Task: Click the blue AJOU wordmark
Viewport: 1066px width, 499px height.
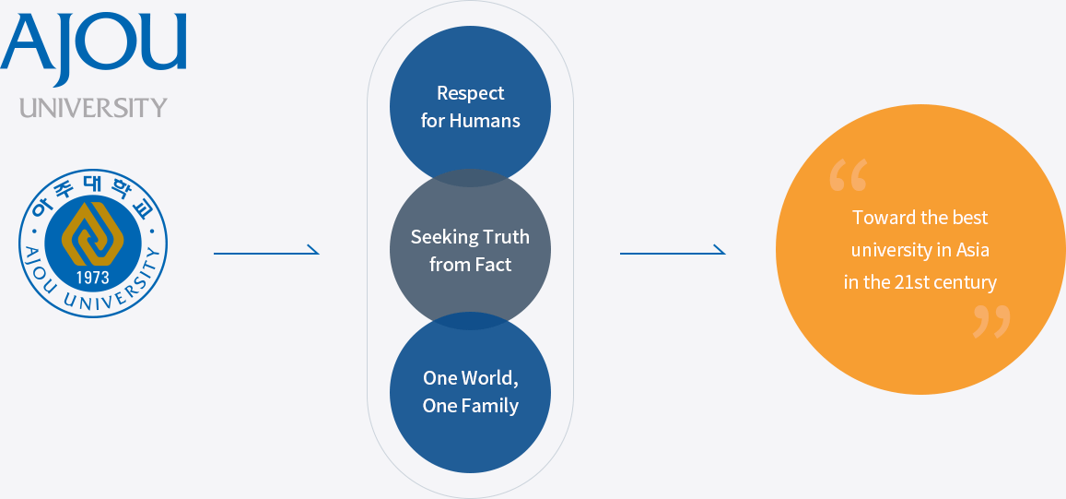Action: click(x=93, y=43)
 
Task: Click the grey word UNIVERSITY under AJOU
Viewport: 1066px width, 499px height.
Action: click(x=93, y=108)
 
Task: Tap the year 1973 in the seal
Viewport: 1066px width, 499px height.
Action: click(x=92, y=278)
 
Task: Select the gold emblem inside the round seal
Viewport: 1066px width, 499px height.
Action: click(x=92, y=235)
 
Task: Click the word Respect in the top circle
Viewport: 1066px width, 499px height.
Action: click(x=470, y=93)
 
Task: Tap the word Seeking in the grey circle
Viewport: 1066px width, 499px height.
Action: click(x=440, y=237)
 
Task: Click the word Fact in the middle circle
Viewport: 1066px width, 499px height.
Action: click(x=494, y=265)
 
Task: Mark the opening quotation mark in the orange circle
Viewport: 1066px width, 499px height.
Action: click(x=848, y=175)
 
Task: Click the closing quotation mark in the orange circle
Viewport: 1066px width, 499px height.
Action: click(x=991, y=322)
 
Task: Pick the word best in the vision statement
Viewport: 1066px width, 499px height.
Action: click(x=970, y=218)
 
